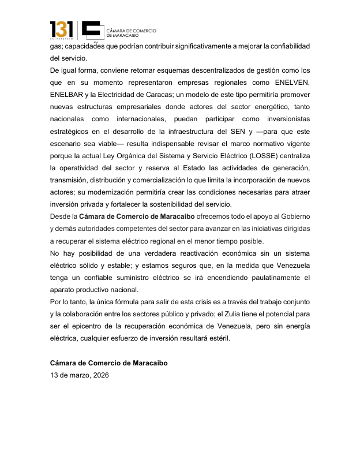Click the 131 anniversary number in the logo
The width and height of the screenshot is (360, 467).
62,29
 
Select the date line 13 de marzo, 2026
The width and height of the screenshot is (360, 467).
78,375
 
